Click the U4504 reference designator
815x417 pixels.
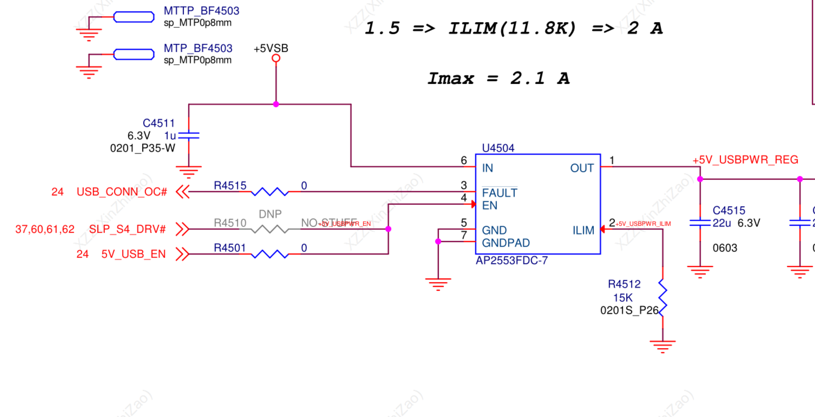click(498, 148)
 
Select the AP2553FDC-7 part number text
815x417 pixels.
click(511, 260)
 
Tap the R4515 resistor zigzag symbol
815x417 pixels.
click(270, 192)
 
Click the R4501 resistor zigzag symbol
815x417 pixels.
click(270, 254)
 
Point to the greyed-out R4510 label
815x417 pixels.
click(230, 223)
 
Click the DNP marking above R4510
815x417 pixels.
click(270, 214)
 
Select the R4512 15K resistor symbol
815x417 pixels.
click(663, 298)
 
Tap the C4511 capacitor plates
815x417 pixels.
click(189, 135)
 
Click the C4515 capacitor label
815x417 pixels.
click(729, 210)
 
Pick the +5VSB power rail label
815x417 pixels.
click(271, 48)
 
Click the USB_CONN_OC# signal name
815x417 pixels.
click(122, 192)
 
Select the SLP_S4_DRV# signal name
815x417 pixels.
click(127, 229)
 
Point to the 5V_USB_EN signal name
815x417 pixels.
click(133, 254)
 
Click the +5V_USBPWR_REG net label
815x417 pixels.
click(745, 160)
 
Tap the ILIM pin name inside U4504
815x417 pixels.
click(583, 230)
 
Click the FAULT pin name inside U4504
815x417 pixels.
click(500, 193)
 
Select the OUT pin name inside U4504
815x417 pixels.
click(582, 168)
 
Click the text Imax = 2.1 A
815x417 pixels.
click(498, 78)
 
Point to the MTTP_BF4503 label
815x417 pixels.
click(201, 11)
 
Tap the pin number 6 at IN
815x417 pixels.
click(464, 160)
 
